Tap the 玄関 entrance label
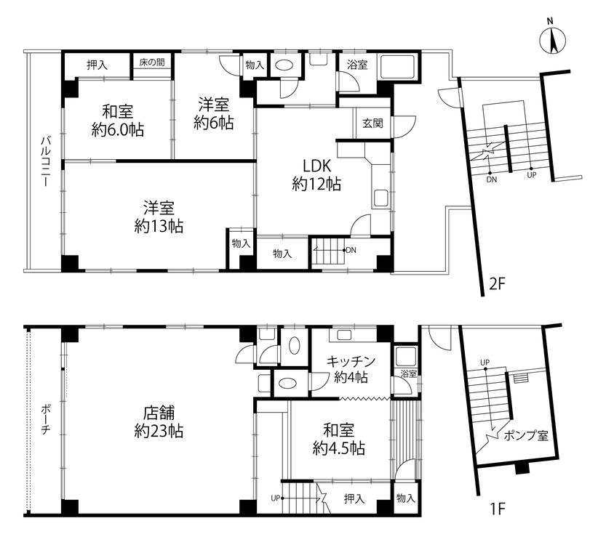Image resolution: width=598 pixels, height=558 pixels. click(372, 123)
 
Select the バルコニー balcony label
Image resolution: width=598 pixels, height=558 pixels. click(45, 161)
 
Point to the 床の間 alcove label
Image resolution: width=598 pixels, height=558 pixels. click(152, 62)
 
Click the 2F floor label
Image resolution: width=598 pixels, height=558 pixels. click(498, 284)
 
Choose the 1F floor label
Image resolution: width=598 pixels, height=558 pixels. click(498, 508)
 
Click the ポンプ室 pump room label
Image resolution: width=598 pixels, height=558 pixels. click(526, 435)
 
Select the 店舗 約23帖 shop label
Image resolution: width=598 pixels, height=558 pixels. click(159, 422)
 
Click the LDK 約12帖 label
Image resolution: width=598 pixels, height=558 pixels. click(316, 175)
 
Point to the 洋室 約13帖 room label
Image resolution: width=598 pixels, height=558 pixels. click(159, 217)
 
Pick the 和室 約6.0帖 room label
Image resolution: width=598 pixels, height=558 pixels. click(117, 121)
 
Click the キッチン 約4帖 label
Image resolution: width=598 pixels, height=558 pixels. click(351, 369)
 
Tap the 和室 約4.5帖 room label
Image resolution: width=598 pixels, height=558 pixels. click(339, 440)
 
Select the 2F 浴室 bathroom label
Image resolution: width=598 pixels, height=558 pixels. click(357, 65)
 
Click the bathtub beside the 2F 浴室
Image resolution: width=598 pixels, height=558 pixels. click(398, 68)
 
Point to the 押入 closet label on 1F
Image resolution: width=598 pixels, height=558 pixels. click(354, 498)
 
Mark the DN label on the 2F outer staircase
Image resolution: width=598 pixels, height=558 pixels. click(492, 179)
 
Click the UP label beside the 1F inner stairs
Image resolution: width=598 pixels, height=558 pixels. click(276, 498)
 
